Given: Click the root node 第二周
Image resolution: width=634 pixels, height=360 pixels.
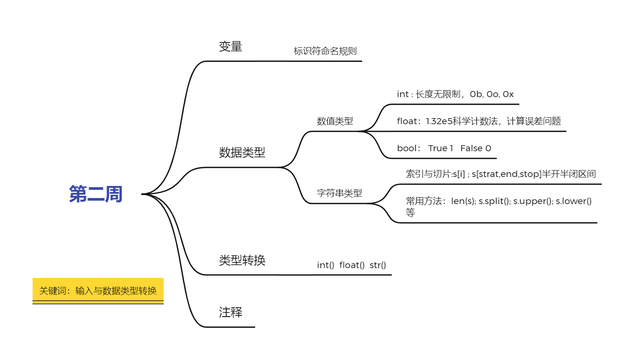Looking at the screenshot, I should coord(96,194).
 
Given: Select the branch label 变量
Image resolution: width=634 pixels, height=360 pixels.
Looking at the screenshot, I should coord(231,46).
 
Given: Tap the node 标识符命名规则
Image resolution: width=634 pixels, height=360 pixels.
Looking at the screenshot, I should coord(325,51).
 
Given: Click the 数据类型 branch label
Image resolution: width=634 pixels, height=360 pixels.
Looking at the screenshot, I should coord(242,153).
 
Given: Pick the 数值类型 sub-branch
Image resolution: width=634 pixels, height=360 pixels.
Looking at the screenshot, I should coord(335,121).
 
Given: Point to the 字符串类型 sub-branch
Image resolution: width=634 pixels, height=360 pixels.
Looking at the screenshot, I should coord(339,193).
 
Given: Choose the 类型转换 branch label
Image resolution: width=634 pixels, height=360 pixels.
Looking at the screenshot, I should coord(242,260).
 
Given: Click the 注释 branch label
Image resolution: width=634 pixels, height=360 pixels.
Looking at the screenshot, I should coord(231,312).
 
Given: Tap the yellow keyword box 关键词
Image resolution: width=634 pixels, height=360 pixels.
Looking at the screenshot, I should coord(98,291).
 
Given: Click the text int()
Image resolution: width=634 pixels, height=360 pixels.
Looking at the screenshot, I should coord(325,265).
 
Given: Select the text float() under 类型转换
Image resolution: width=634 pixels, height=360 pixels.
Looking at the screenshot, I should coord(352,265).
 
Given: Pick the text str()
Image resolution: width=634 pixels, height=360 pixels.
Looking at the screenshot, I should coord(378,265).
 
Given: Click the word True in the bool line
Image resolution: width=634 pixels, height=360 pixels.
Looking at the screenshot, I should coord(438,148).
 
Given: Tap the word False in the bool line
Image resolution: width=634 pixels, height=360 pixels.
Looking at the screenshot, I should coord(472,148).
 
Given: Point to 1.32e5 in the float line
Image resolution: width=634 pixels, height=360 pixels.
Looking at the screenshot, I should coord(439,121).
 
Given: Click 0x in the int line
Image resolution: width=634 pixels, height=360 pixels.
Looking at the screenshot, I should coord(508,94).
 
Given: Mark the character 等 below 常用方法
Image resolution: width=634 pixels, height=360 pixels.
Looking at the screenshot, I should coord(410,212).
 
